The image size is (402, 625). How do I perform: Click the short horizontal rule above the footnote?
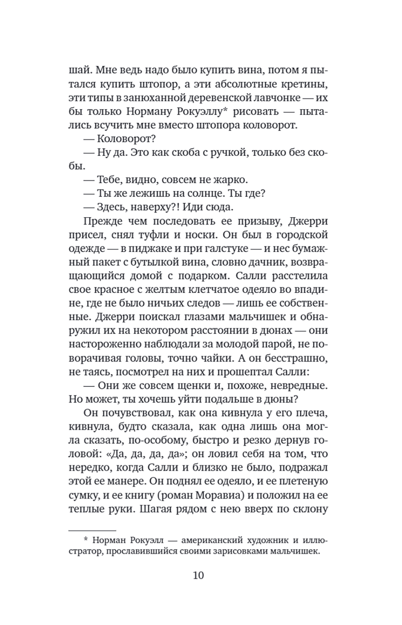pos(92,530)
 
